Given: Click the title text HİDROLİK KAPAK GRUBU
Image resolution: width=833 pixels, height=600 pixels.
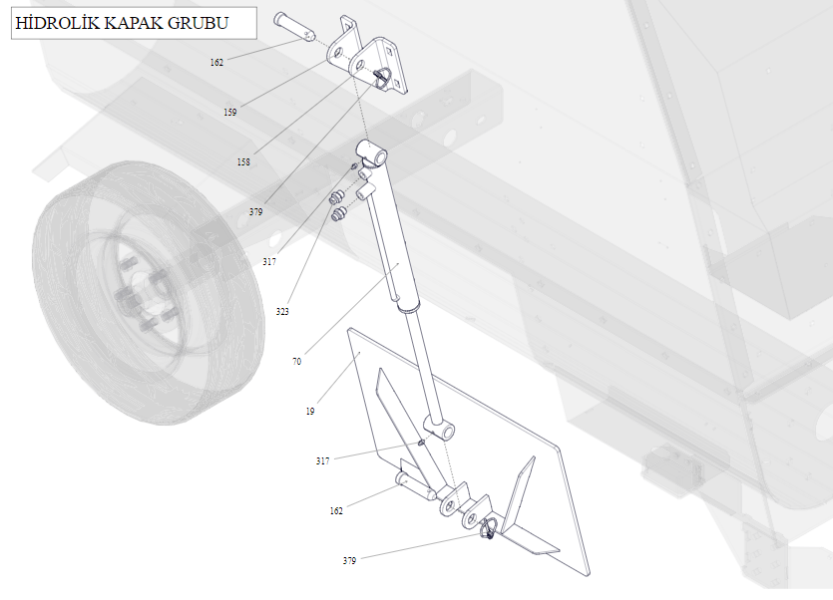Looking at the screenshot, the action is pyautogui.click(x=122, y=23).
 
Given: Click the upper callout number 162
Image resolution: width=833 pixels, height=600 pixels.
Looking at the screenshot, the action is pyautogui.click(x=216, y=62).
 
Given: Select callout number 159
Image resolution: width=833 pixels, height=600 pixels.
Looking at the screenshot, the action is pyautogui.click(x=230, y=112).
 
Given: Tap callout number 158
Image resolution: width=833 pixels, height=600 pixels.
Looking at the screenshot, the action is pyautogui.click(x=243, y=161).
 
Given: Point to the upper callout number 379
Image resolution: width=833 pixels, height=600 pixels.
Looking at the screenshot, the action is pyautogui.click(x=256, y=212).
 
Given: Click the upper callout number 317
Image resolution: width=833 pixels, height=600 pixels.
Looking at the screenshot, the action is pyautogui.click(x=269, y=262).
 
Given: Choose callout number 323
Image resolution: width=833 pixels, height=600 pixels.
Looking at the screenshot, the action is pyautogui.click(x=282, y=312).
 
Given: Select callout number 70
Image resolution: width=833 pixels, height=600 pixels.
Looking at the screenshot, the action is pyautogui.click(x=297, y=362).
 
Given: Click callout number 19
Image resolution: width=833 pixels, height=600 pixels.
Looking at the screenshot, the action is pyautogui.click(x=310, y=411).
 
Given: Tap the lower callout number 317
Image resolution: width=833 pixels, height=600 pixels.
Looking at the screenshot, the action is pyautogui.click(x=323, y=460).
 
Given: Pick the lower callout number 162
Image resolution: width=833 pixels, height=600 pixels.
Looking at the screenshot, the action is pyautogui.click(x=336, y=510).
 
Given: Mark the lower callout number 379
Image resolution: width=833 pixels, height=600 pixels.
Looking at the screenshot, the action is pyautogui.click(x=349, y=561).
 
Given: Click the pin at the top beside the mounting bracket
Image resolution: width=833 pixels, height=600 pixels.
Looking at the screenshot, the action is pyautogui.click(x=293, y=27).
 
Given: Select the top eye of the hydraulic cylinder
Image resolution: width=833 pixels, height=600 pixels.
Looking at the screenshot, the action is pyautogui.click(x=372, y=151).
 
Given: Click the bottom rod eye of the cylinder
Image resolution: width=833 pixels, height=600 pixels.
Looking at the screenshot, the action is pyautogui.click(x=439, y=428).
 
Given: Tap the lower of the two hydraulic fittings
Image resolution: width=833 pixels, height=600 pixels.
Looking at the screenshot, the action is pyautogui.click(x=338, y=214).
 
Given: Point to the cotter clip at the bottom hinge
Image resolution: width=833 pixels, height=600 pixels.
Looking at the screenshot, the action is pyautogui.click(x=488, y=528).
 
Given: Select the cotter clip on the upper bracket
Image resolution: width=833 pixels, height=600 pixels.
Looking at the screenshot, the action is pyautogui.click(x=381, y=78).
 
